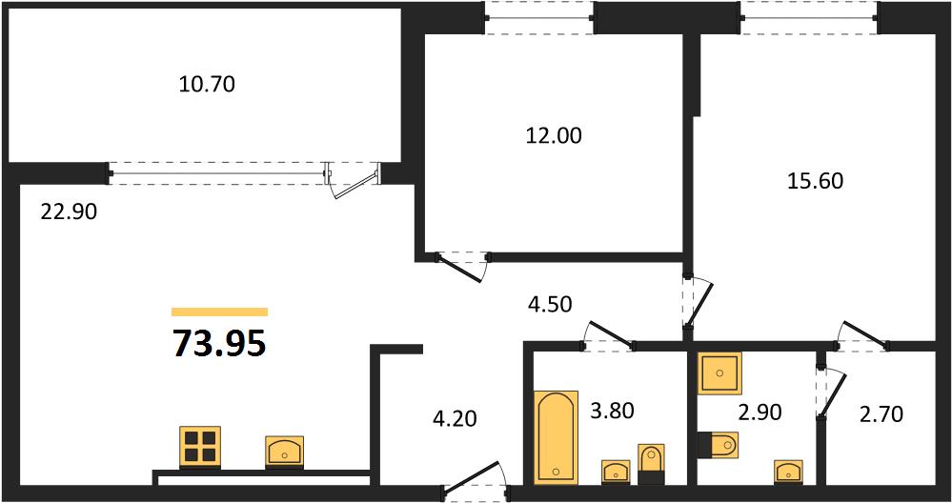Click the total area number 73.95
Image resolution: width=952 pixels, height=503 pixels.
220,343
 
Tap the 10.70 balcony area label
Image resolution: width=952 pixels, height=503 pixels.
207,85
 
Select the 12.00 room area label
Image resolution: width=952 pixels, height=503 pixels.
553,136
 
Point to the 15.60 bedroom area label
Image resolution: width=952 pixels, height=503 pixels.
815,180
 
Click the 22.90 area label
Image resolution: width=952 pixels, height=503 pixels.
69,212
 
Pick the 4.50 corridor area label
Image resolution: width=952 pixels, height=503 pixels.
550,303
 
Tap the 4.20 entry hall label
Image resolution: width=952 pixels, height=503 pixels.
455,418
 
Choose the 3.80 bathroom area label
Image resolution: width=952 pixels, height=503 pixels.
611,412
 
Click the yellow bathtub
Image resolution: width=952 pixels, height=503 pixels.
556,437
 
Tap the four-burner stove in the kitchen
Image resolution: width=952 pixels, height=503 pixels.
200,447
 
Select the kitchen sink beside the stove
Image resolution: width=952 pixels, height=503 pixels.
284,452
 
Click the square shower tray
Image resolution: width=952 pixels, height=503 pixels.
719,372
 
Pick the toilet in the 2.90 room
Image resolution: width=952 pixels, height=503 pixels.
718,445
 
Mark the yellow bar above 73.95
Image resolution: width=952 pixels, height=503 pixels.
220,312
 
